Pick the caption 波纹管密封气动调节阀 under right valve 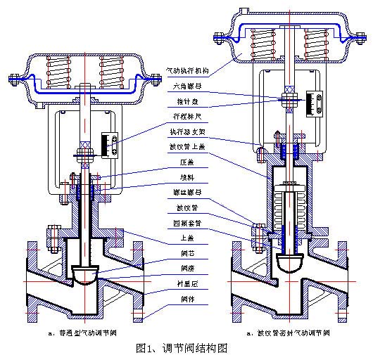[x=286, y=332]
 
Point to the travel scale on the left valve [x=108, y=146]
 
